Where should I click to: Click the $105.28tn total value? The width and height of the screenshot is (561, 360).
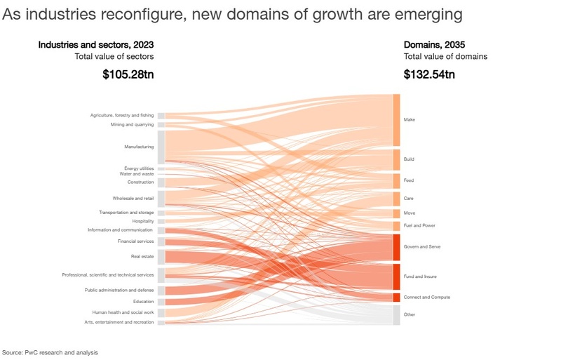(x=128, y=74)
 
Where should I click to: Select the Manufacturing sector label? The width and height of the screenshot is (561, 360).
(x=139, y=147)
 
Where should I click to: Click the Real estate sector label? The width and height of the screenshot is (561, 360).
(x=142, y=257)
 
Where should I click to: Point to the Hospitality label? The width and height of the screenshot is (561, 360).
(x=142, y=221)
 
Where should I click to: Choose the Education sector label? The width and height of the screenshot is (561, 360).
(x=143, y=302)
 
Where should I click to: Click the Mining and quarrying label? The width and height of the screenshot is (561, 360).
(x=132, y=125)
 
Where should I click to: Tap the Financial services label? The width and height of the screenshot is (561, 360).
(x=135, y=241)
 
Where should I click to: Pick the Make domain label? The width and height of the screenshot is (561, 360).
(x=410, y=120)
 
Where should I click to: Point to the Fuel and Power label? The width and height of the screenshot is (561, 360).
(x=419, y=226)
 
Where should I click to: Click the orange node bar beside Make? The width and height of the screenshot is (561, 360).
(x=396, y=120)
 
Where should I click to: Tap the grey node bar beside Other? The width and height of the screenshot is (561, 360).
(x=396, y=314)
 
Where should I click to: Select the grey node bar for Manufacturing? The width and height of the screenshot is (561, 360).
(x=161, y=147)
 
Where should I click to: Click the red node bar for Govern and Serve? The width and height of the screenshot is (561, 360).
(x=396, y=247)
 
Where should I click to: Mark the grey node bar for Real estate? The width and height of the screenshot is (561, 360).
(x=161, y=257)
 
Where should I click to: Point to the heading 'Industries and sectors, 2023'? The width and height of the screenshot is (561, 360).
(x=95, y=45)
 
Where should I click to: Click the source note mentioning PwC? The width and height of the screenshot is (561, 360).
(x=50, y=352)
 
